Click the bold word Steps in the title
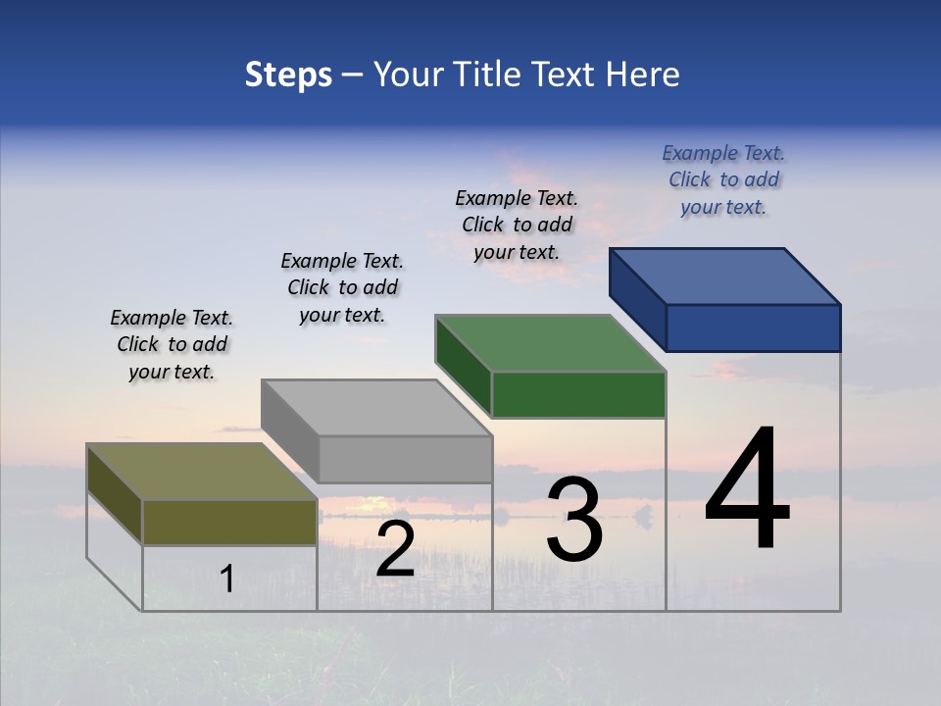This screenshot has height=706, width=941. [288, 75]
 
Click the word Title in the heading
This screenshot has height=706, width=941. [490, 75]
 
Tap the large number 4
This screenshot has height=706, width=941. [747, 490]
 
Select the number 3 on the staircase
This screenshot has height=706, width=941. [574, 520]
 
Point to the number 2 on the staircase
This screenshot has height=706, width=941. [395, 549]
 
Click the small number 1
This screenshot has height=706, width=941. [226, 580]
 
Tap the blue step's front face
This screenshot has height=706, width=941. [753, 328]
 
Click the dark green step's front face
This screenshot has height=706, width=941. [578, 394]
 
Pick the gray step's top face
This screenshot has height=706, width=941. [376, 408]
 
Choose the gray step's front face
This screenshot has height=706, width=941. [405, 459]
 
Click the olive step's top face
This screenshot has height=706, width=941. [202, 472]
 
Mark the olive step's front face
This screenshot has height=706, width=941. [229, 522]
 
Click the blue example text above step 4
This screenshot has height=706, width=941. [723, 180]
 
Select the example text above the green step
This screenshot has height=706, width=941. [517, 225]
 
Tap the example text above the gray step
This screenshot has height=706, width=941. [342, 287]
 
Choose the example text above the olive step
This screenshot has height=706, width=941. [172, 344]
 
